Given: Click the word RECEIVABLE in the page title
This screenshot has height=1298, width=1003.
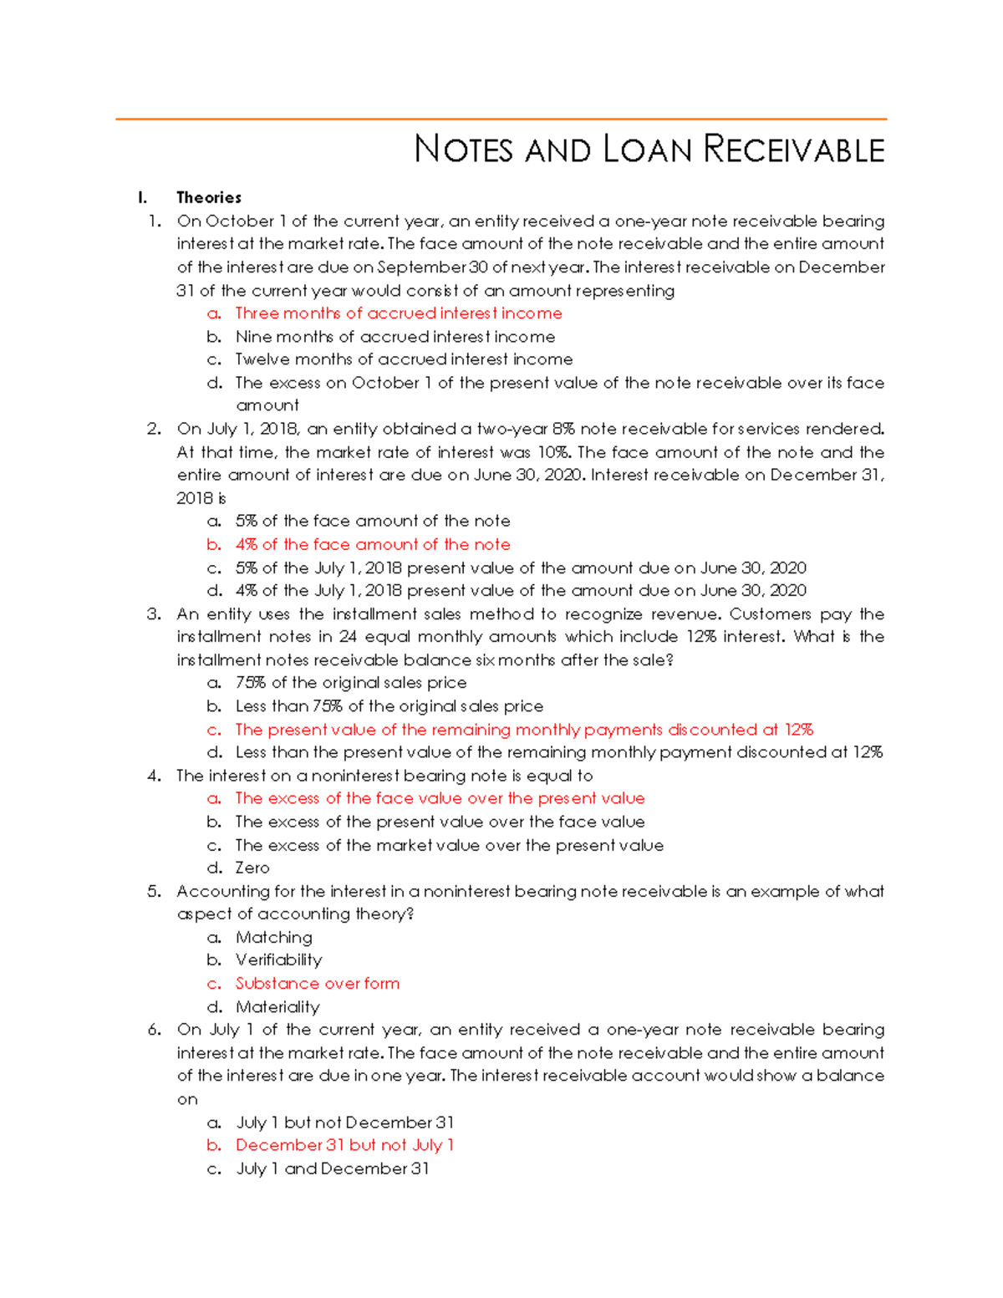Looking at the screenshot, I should (x=793, y=150).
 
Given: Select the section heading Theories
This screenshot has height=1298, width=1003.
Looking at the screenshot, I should (x=209, y=198).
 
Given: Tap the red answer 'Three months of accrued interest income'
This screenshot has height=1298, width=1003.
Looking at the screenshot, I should (x=398, y=313).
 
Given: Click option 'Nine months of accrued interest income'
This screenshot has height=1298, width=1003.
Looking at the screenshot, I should (x=395, y=337).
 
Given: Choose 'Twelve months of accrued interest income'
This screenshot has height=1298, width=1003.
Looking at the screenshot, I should (x=404, y=359).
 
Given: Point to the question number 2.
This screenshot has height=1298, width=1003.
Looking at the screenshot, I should (x=154, y=429).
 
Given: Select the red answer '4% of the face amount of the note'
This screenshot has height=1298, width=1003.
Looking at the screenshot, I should (x=373, y=545).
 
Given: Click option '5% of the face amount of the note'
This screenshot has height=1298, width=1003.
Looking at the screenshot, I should (x=373, y=522).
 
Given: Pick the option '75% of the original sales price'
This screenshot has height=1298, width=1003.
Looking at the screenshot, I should (x=350, y=683).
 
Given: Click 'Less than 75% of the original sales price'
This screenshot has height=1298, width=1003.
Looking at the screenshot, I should (x=389, y=706).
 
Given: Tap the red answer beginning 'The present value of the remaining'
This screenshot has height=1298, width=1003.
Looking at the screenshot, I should (x=524, y=730).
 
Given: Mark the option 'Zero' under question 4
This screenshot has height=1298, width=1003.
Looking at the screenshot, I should (x=252, y=868).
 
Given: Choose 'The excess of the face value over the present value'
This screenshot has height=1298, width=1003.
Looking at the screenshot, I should (x=440, y=799).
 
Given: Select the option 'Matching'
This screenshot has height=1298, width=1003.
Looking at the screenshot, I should (x=274, y=938).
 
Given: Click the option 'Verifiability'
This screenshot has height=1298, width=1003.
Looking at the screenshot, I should (x=278, y=960).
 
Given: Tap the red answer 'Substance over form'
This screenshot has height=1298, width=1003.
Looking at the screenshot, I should (x=317, y=984).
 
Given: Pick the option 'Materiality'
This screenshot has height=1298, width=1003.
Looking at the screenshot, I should (x=277, y=1007).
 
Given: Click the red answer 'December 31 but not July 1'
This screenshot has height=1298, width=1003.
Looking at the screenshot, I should (x=344, y=1145).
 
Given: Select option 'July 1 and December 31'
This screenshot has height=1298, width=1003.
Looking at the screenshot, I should (x=333, y=1168).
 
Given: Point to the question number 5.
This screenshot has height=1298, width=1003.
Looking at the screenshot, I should (x=154, y=892).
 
